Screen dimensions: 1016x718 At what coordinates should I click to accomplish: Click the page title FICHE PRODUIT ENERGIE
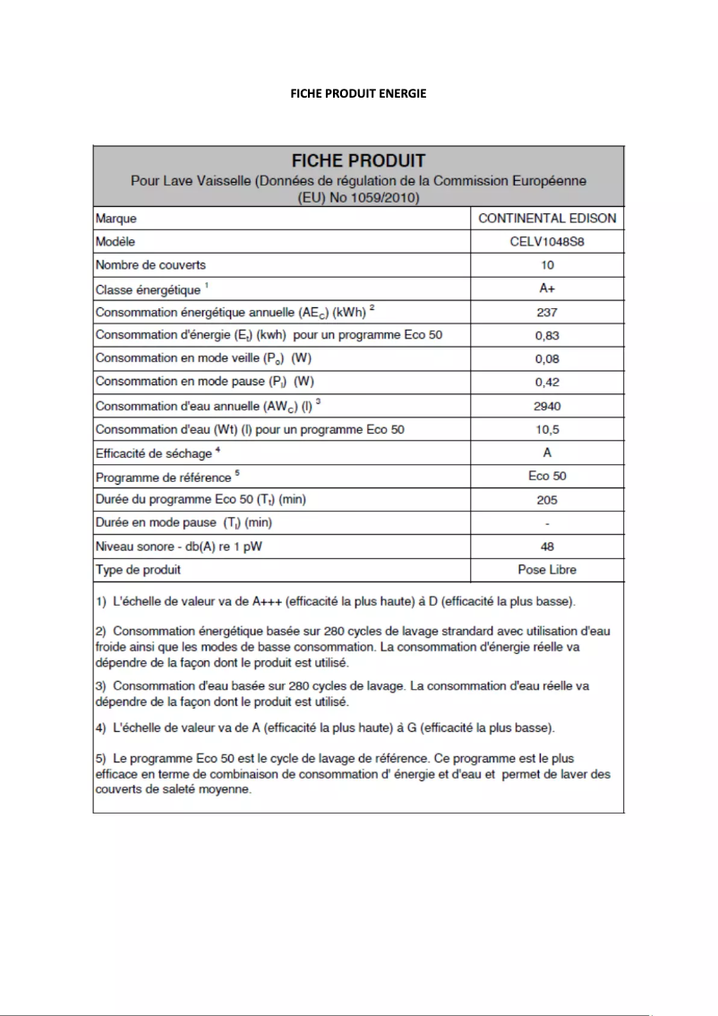[x=358, y=94]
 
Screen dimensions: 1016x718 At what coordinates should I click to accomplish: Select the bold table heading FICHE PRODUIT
[x=358, y=161]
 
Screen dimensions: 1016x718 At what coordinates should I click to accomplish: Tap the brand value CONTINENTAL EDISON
[x=547, y=218]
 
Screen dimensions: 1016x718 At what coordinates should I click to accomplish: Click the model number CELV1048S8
[x=547, y=242]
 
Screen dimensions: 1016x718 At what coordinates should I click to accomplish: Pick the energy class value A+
[x=547, y=289]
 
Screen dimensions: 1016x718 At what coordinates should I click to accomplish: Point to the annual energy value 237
[x=547, y=313]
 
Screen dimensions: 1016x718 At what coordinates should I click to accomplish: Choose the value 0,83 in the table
[x=547, y=335]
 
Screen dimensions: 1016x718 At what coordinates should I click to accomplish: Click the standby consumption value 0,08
[x=547, y=358]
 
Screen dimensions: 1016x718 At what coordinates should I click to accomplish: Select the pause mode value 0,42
[x=547, y=382]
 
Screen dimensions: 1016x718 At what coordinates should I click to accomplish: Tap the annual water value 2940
[x=547, y=406]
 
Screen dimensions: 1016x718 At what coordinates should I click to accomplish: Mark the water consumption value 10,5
[x=547, y=429]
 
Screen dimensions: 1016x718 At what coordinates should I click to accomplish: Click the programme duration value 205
[x=547, y=500]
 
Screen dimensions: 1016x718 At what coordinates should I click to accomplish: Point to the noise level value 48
[x=547, y=547]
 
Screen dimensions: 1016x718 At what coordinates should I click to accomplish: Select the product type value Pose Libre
[x=547, y=570]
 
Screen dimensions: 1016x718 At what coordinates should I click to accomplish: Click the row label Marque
[x=115, y=219]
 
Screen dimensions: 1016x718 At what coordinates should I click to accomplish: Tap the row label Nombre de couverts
[x=150, y=265]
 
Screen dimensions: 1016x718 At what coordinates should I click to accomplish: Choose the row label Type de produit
[x=139, y=570]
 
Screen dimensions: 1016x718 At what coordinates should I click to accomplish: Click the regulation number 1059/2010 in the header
[x=386, y=197]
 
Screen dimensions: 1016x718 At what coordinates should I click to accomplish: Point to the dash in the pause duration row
[x=547, y=523]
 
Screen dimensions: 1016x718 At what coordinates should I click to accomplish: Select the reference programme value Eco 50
[x=547, y=476]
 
